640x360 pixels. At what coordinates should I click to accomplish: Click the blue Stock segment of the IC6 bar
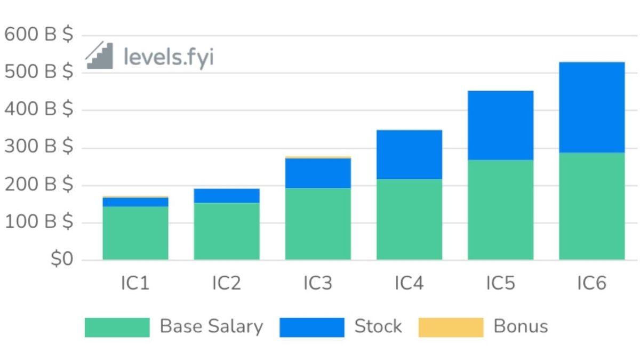pos(591,107)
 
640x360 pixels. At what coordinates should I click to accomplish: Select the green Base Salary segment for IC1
pos(135,233)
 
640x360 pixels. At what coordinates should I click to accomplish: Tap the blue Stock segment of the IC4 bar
pos(409,155)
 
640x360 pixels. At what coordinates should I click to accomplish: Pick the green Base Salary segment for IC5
pos(500,210)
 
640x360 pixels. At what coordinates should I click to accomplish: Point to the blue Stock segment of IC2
pos(227,196)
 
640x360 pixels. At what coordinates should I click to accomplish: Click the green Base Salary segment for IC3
pos(318,224)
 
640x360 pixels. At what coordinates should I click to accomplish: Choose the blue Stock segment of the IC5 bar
pos(500,125)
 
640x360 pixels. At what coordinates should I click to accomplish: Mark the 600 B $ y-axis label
pos(38,35)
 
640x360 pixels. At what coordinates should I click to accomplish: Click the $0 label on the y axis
pos(61,260)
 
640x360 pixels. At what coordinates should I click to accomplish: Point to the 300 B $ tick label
pos(38,147)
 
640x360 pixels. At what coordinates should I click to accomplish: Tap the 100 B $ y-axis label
pos(38,222)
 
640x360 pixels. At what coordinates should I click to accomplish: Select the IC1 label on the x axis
pos(135,283)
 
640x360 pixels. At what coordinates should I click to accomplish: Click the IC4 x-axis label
pos(409,283)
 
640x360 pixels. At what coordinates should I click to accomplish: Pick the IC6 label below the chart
pos(591,283)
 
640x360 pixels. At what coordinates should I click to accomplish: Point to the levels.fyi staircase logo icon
pos(100,55)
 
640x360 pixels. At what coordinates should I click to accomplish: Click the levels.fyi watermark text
pos(169,57)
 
